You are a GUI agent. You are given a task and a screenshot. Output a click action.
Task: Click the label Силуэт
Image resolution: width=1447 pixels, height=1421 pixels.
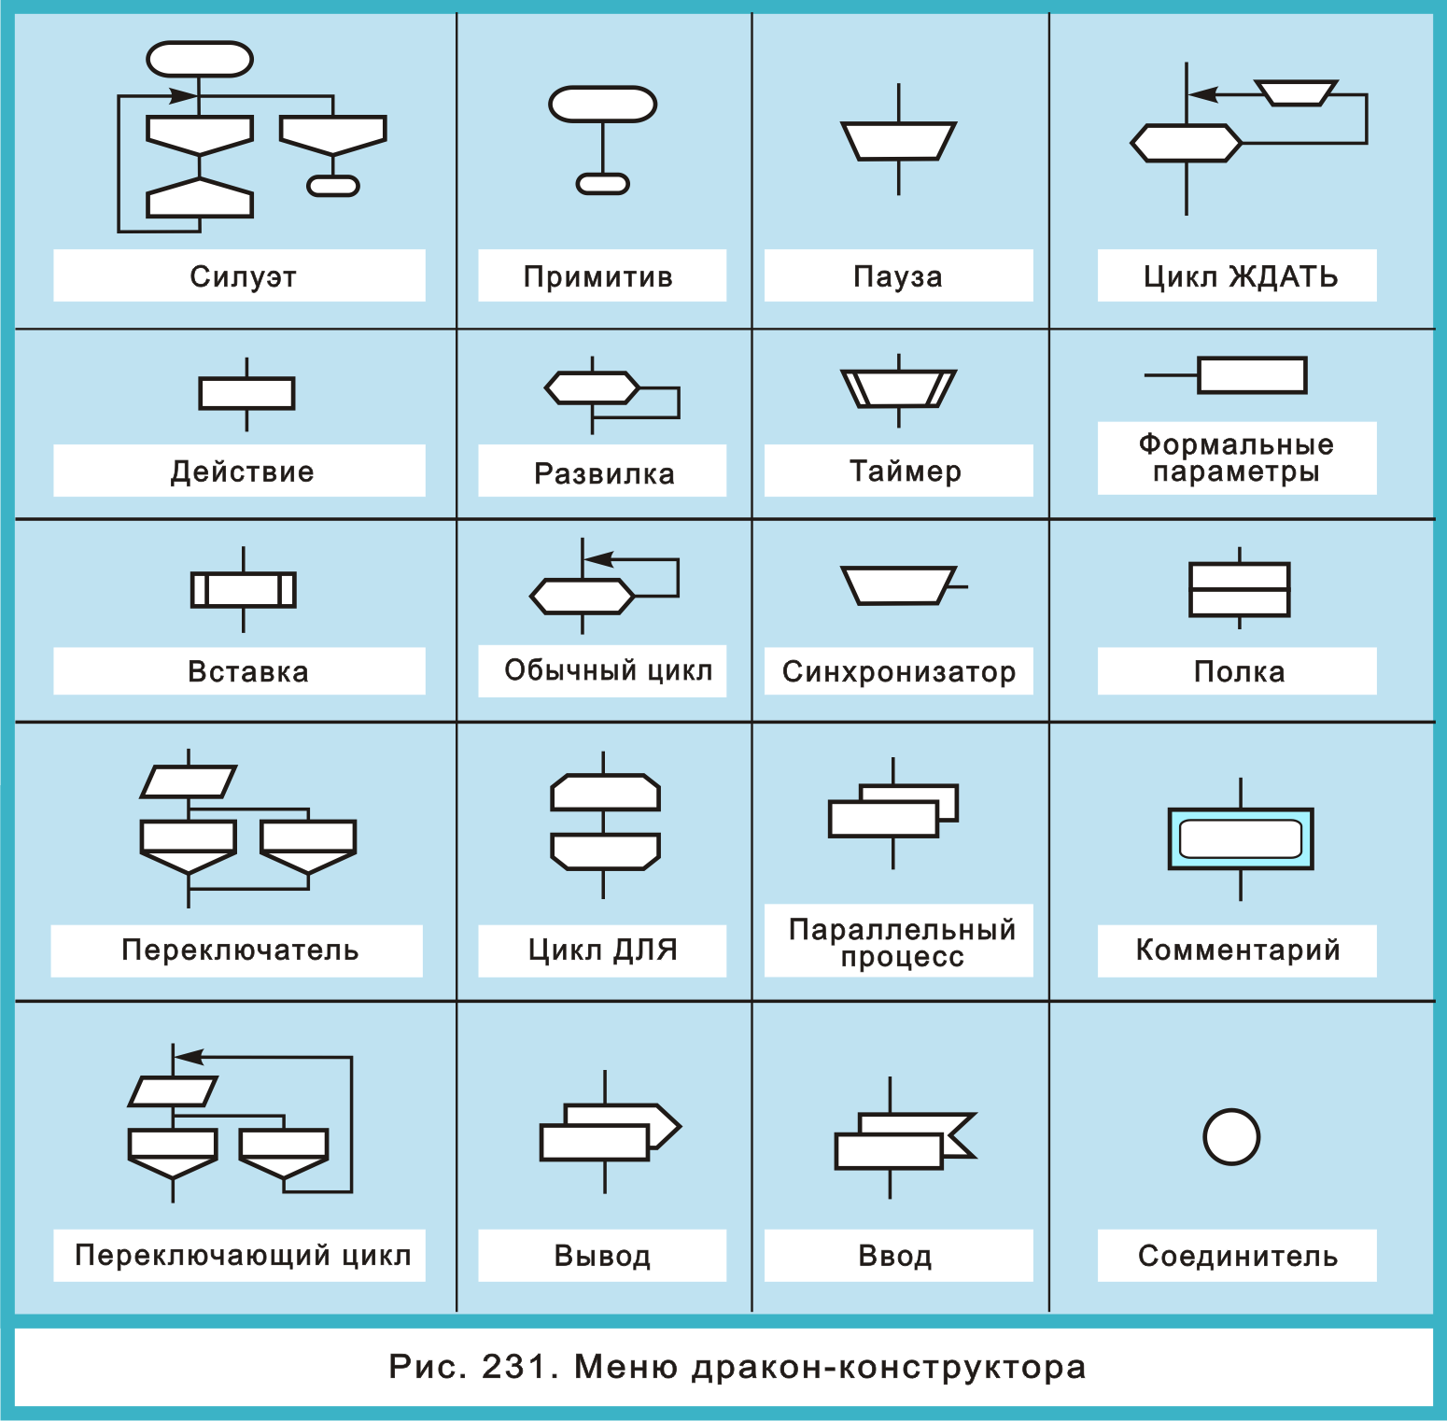tap(243, 276)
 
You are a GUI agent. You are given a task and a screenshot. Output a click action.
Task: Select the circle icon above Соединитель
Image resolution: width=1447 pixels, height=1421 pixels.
tap(1231, 1136)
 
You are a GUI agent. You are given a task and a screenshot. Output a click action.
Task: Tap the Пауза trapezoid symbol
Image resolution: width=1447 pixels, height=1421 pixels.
tap(898, 141)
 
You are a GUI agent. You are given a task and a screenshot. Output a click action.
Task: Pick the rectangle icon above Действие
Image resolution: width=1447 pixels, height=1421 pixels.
tap(246, 393)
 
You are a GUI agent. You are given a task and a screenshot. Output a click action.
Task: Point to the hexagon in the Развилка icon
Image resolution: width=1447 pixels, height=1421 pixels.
tap(592, 387)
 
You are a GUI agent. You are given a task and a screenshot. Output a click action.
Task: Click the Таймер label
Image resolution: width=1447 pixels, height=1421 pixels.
tap(905, 471)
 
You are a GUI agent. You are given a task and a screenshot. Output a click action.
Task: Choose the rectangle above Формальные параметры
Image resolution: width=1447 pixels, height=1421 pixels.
tap(1252, 375)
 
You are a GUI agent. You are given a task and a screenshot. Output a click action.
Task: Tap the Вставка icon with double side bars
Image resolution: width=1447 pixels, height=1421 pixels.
tap(244, 590)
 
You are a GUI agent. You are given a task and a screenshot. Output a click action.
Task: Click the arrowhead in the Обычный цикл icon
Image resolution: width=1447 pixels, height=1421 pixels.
tap(598, 559)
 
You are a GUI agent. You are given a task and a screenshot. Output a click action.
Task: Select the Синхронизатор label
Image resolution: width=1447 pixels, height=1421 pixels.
tap(898, 671)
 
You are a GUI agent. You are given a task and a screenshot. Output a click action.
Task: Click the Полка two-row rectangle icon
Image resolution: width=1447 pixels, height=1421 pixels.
tap(1239, 589)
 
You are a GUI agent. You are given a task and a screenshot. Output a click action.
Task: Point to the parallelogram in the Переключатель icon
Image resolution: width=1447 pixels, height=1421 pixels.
tap(189, 781)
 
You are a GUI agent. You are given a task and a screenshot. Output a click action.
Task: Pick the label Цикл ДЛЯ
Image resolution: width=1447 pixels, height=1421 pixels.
tap(602, 950)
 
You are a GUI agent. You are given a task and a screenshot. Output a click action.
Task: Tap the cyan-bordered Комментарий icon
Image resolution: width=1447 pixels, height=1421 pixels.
tap(1241, 838)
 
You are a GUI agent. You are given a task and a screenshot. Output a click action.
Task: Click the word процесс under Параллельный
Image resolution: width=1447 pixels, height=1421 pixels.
tap(902, 957)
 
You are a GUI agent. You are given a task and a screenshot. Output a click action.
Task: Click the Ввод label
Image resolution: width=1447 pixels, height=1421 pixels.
tap(894, 1256)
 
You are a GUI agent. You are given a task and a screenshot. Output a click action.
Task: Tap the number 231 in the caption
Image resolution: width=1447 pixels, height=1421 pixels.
tap(513, 1367)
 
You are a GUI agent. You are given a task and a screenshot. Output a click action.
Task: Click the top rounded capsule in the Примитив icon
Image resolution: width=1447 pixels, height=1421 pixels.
tap(603, 105)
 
